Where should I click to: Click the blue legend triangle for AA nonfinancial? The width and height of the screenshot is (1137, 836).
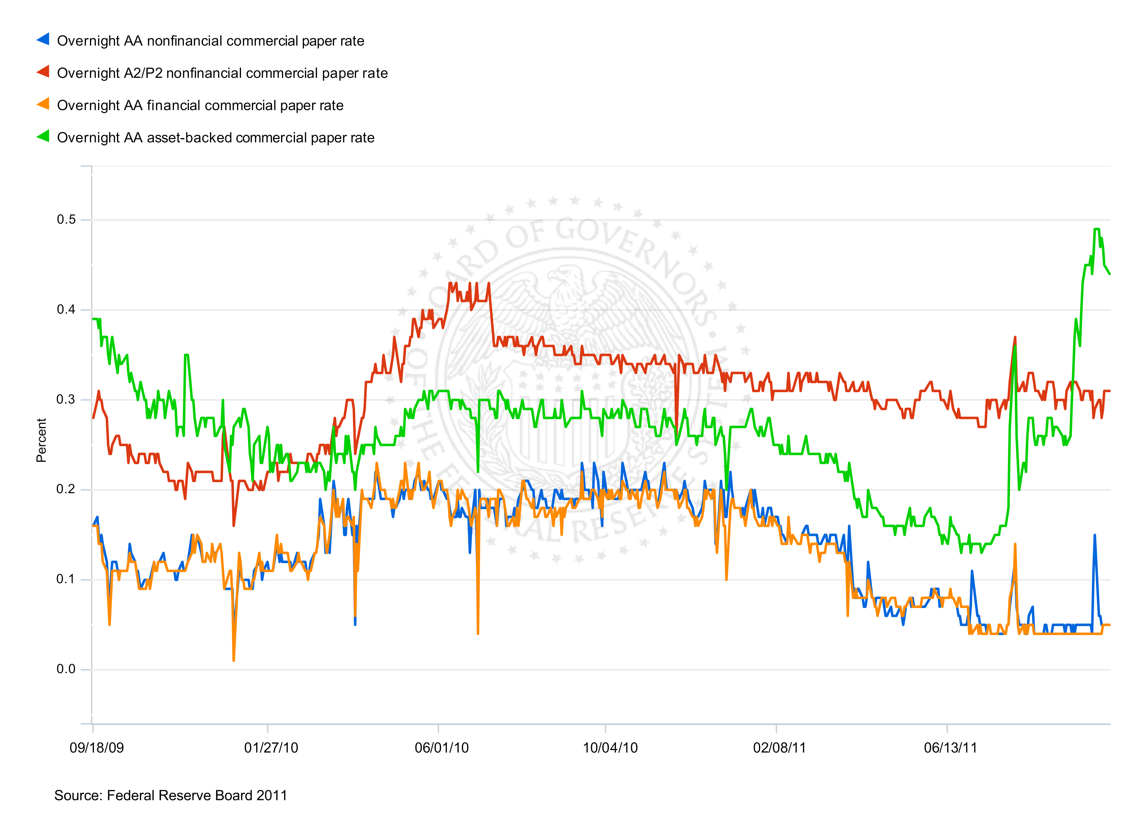tap(43, 39)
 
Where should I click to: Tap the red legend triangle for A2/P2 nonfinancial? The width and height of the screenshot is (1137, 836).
tap(43, 72)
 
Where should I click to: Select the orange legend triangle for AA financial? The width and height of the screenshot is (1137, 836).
tap(43, 104)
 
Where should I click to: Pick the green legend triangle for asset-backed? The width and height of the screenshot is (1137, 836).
tap(43, 136)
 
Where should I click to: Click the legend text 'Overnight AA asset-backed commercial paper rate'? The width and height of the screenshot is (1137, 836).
tap(216, 138)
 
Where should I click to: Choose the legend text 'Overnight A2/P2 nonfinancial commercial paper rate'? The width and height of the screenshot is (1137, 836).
tap(222, 74)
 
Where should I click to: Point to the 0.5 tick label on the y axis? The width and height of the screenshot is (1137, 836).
tap(66, 220)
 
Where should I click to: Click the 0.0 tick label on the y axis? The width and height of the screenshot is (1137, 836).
tap(66, 669)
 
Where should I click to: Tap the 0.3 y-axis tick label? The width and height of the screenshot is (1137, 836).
tap(66, 399)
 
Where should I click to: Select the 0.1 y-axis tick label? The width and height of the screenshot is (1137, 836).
tap(66, 579)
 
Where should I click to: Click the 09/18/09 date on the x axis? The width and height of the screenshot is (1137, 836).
tap(96, 748)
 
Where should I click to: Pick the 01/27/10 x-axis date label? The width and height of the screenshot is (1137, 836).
tap(271, 748)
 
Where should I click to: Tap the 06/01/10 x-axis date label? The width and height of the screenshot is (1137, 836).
tap(442, 748)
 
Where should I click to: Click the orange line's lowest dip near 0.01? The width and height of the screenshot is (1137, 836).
tap(233, 660)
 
